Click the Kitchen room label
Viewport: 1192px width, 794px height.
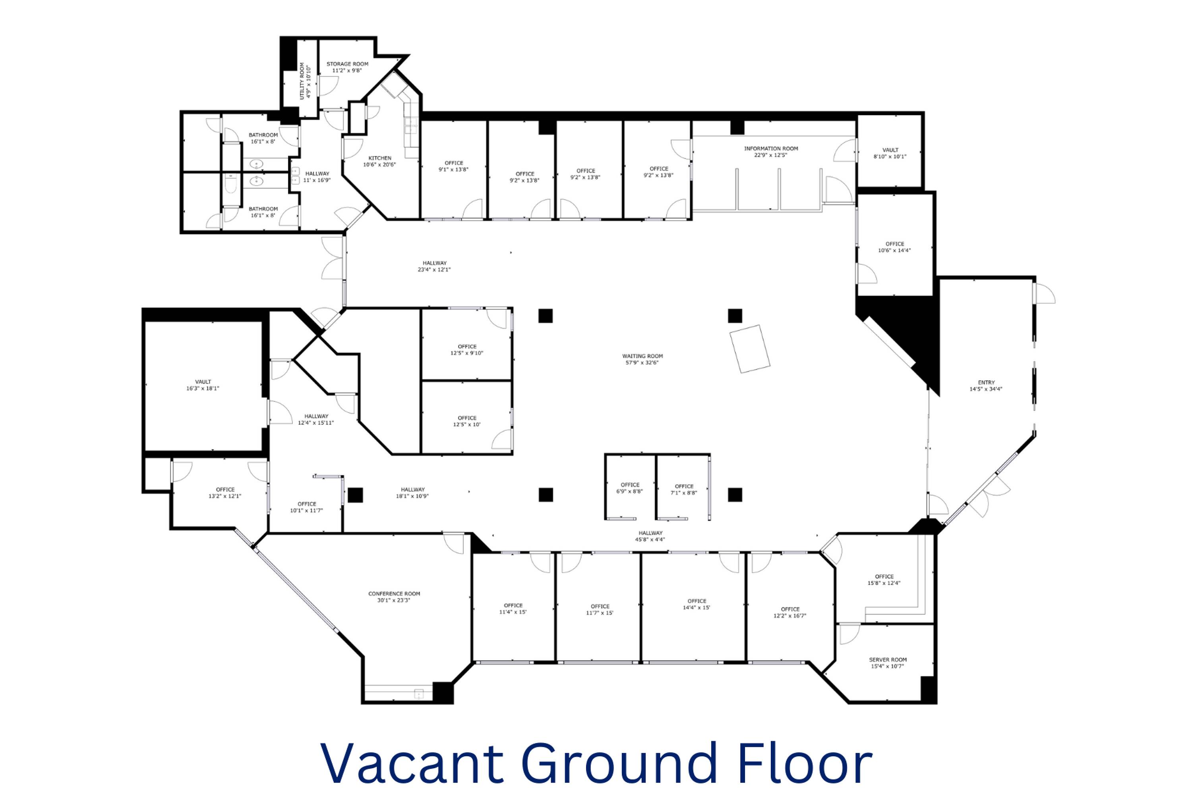click(x=379, y=161)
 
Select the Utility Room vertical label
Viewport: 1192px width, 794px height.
click(x=305, y=81)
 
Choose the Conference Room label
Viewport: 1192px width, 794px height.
click(x=394, y=597)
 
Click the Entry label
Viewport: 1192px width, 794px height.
click(x=986, y=386)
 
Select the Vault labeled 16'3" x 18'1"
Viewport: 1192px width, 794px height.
click(x=203, y=385)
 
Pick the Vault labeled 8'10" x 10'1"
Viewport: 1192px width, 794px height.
click(x=890, y=153)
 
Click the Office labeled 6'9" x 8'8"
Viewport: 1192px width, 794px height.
click(x=630, y=488)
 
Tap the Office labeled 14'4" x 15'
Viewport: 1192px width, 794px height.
click(x=697, y=604)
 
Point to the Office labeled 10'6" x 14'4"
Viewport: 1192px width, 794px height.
click(x=894, y=247)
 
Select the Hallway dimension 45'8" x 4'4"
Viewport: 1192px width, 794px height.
click(x=650, y=539)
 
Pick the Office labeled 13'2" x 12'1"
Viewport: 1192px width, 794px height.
click(x=225, y=493)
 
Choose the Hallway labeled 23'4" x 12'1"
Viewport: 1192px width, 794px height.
click(x=434, y=266)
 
